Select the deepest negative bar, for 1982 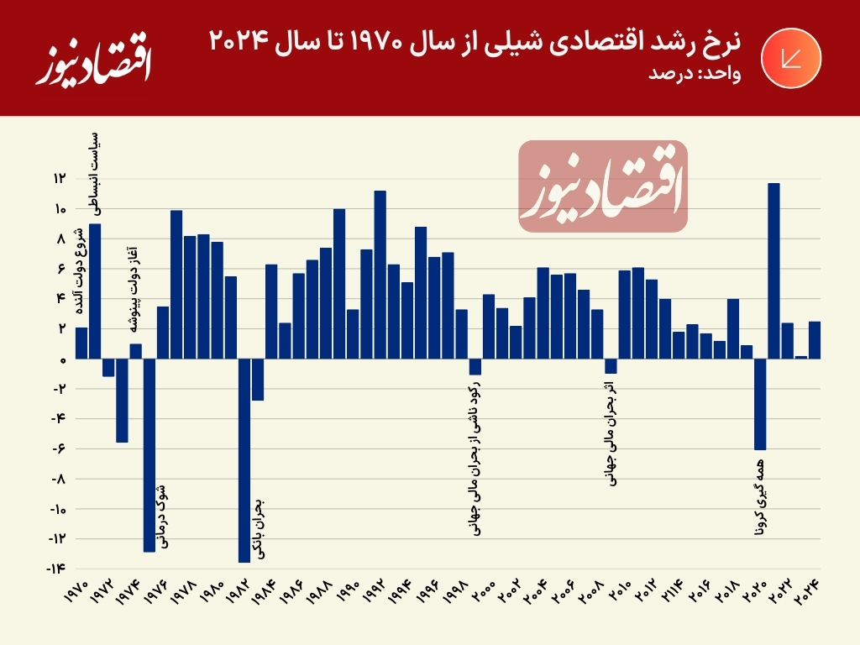point(244,460)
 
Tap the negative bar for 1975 point(149,454)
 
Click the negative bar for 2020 point(760,404)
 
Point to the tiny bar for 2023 point(801,357)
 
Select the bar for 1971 point(95,291)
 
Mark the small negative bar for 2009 point(611,366)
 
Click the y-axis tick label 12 point(60,179)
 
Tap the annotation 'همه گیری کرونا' point(760,499)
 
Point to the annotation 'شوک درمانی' point(162,517)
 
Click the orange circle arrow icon point(788,58)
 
